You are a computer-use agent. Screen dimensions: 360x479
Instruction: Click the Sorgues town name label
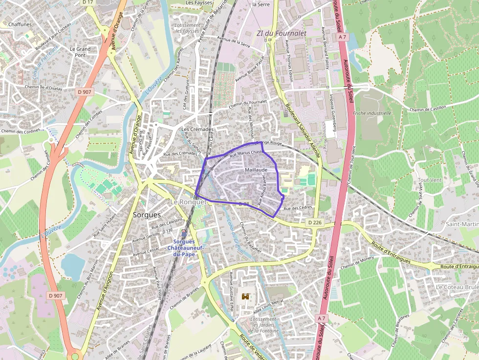click(x=147, y=214)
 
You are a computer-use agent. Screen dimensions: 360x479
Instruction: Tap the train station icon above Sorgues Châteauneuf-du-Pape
click(x=184, y=233)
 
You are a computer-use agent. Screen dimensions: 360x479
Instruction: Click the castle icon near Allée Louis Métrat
click(x=246, y=296)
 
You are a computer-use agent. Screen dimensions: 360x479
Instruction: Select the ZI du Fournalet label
click(x=281, y=33)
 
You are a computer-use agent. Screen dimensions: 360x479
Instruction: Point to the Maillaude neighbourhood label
click(x=256, y=169)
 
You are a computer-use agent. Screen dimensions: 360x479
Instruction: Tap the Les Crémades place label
click(x=197, y=129)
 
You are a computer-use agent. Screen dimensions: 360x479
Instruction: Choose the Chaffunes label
click(x=20, y=24)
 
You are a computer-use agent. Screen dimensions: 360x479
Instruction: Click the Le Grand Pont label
click(x=80, y=52)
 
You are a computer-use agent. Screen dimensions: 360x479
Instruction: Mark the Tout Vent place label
click(x=430, y=180)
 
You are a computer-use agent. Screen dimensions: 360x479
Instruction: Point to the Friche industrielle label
click(x=372, y=113)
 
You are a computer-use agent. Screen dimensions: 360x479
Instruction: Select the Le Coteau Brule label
click(x=457, y=287)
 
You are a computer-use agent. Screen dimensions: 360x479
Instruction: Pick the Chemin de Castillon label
click(x=429, y=109)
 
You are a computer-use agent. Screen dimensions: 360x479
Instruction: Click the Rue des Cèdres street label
click(x=298, y=209)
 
